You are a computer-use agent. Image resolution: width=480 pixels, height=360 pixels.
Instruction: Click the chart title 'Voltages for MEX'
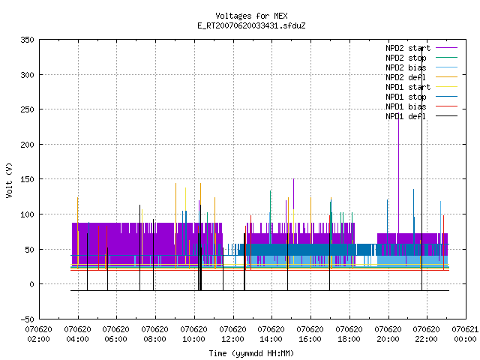(251, 16)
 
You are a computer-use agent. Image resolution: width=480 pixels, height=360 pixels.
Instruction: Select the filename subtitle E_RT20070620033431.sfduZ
(251, 25)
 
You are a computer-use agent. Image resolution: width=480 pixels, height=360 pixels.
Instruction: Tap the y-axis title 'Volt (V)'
(10, 180)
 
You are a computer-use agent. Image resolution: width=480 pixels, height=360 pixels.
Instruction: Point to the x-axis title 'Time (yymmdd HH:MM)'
(251, 353)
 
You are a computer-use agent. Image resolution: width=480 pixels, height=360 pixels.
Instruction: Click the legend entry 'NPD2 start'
(408, 48)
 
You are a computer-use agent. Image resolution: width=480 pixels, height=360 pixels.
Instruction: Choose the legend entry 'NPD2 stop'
(406, 58)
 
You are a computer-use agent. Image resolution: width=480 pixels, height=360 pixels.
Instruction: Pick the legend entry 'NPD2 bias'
(406, 67)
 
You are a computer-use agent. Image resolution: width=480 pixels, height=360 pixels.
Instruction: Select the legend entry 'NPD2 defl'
(406, 77)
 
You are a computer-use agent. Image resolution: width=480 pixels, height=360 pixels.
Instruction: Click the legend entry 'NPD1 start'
(408, 87)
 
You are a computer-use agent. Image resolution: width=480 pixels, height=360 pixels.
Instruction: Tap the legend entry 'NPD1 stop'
(406, 97)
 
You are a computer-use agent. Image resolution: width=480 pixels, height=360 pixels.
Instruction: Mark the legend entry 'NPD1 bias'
(406, 106)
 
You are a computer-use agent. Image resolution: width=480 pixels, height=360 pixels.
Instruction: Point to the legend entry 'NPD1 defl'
(406, 117)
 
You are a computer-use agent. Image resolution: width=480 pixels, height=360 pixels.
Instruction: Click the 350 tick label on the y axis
(27, 40)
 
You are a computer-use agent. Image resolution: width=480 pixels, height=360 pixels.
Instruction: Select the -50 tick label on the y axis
(27, 319)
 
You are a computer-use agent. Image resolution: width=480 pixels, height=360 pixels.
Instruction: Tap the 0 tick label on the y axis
(31, 284)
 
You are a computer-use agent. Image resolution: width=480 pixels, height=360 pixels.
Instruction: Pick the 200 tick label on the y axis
(27, 145)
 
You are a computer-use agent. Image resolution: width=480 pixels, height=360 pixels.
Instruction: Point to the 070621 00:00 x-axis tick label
(465, 334)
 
